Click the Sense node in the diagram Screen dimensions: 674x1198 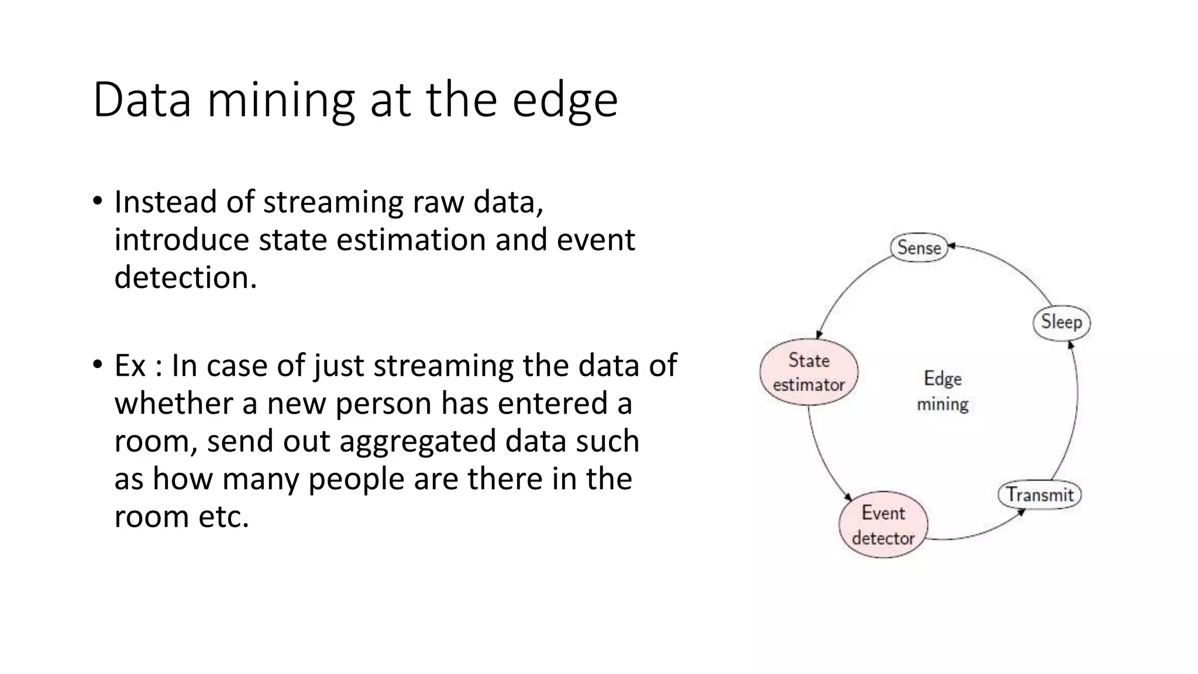pos(918,247)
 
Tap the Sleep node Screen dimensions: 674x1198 pos(1061,322)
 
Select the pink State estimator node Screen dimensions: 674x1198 pos(809,372)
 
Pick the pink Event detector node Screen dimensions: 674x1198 pos(883,525)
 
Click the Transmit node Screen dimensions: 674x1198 pos(1039,495)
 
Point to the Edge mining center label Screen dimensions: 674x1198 pos(942,391)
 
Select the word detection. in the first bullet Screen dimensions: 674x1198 pos(185,277)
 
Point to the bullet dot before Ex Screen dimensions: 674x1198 pos(97,365)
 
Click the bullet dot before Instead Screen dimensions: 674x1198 pos(97,201)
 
